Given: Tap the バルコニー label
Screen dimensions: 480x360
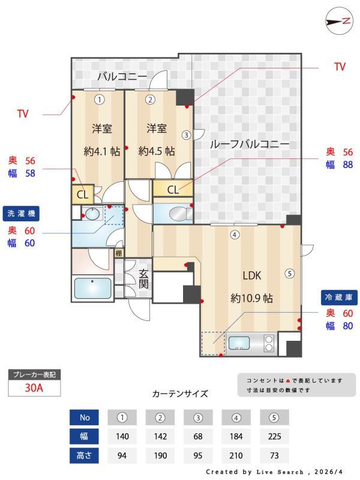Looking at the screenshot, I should coord(122,76).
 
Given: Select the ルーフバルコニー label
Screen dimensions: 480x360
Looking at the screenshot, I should coord(250,144).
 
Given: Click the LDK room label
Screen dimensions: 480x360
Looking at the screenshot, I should coord(251,275).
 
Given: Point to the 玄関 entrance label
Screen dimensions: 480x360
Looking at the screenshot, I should coord(144,278).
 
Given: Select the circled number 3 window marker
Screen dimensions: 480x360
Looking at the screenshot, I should coord(187,135).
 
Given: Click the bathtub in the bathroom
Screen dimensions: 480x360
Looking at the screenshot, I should coord(92,289).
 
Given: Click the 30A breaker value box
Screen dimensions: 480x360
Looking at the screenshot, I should coord(34,388).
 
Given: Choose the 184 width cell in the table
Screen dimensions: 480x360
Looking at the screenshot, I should coord(236,436).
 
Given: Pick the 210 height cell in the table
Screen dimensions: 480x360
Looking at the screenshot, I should coord(236,455).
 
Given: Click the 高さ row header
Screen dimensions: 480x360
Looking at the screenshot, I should coord(84,455).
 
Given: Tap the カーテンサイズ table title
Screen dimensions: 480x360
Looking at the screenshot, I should coord(180,394).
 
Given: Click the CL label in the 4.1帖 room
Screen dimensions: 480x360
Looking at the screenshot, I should coord(83,194).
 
